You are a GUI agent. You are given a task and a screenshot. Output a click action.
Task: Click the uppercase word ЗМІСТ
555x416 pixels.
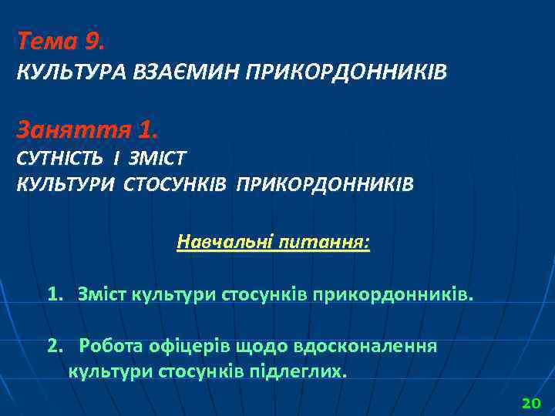[159, 158]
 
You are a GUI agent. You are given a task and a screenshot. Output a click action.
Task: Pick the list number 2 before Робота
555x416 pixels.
[54, 345]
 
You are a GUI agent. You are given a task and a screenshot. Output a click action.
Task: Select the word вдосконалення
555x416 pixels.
[362, 345]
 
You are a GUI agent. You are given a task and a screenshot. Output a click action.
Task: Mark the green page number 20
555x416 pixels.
[532, 403]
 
